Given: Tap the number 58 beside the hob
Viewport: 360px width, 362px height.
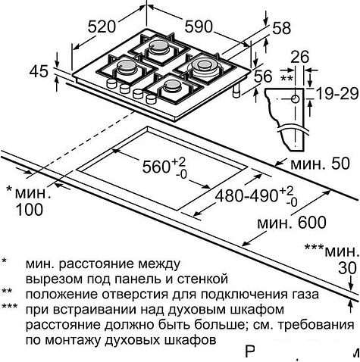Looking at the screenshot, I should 282,27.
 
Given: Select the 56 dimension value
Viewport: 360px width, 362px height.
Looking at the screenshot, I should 263,76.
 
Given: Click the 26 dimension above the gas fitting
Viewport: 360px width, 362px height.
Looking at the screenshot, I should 300,57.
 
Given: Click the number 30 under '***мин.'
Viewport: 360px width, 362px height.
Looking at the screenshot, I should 346,267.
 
